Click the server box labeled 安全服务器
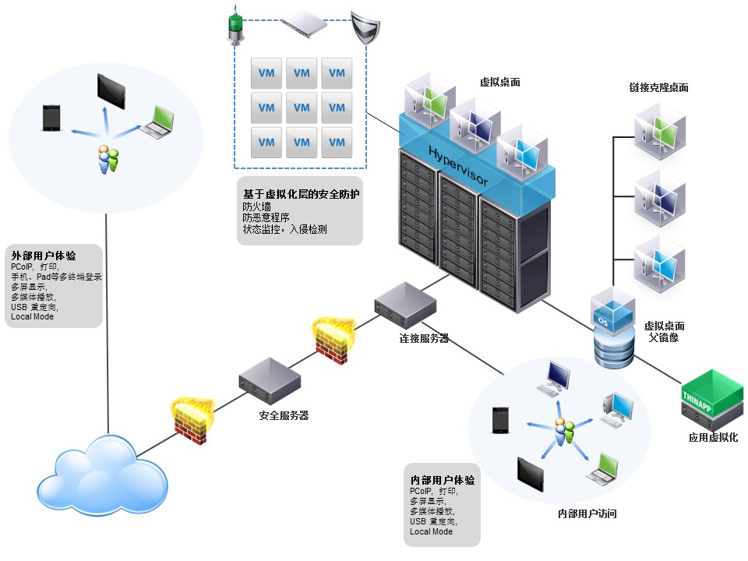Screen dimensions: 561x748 (269, 380)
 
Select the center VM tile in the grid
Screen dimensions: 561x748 (302, 108)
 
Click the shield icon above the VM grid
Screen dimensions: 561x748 (364, 26)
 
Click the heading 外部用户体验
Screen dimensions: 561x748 (44, 256)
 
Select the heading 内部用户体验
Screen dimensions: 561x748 (443, 480)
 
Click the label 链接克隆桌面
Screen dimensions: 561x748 (658, 88)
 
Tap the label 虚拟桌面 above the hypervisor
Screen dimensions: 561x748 (499, 83)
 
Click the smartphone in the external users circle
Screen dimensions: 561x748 (51, 118)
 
